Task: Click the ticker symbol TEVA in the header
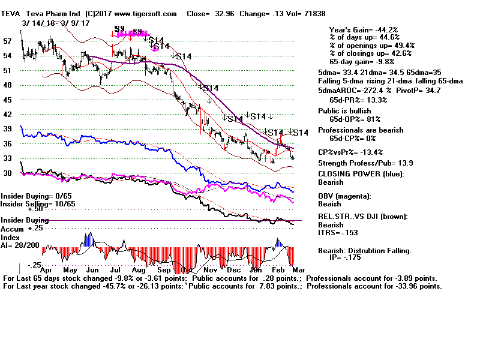pyautogui.click(x=11, y=13)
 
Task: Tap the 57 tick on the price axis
pyautogui.click(x=7, y=41)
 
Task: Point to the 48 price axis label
pyautogui.click(x=7, y=85)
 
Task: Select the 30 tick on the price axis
pyautogui.click(x=7, y=173)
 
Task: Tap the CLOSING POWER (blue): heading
pyautogui.click(x=361, y=175)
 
